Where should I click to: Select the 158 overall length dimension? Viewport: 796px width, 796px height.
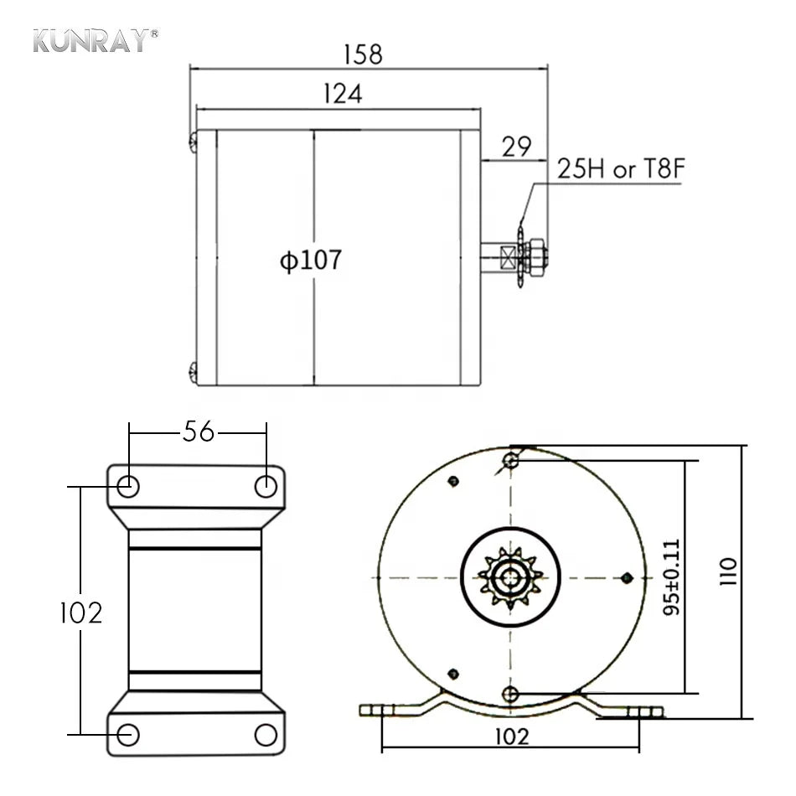click(x=363, y=54)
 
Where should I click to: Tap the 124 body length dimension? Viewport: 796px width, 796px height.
click(x=343, y=93)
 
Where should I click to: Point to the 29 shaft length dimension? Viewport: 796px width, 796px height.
click(x=516, y=147)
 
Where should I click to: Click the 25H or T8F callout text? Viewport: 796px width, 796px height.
click(x=622, y=168)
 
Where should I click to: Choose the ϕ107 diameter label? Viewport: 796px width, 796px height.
click(x=311, y=260)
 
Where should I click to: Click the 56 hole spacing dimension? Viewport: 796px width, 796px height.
click(x=199, y=432)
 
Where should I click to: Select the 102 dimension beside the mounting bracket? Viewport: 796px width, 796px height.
click(x=81, y=613)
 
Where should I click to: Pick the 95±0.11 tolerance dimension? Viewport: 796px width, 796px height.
click(x=671, y=577)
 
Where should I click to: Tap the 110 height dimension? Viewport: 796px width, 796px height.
click(x=728, y=571)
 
